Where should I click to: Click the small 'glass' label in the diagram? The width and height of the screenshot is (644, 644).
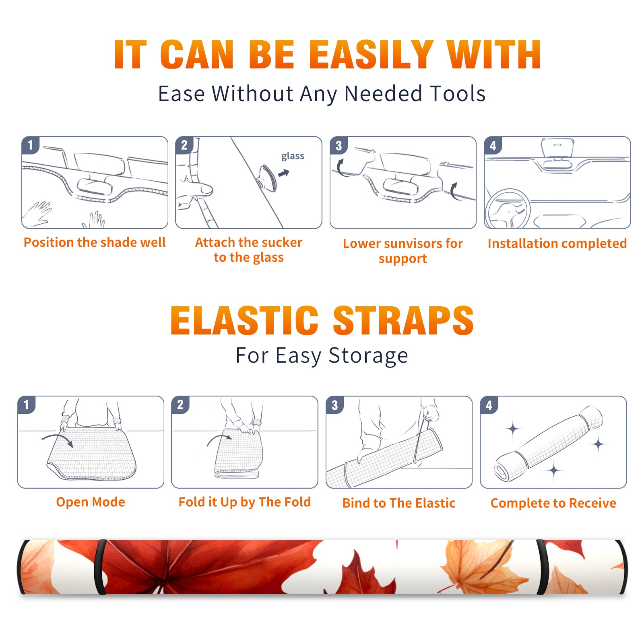point(293,156)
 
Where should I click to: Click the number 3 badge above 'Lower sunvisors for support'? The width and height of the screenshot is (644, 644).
point(339,145)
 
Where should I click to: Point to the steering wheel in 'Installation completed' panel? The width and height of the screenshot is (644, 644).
point(508,208)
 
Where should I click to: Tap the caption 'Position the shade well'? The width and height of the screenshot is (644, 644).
point(95,242)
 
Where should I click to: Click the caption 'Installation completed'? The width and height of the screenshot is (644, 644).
point(557,243)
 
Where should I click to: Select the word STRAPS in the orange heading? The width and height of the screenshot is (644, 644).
point(403,320)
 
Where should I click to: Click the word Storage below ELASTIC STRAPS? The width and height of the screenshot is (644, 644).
point(368,356)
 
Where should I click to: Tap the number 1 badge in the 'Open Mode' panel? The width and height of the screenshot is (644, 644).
point(27,405)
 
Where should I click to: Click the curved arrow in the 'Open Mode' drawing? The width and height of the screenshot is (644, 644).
point(58,439)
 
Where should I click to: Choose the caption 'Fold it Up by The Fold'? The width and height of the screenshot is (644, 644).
point(245,502)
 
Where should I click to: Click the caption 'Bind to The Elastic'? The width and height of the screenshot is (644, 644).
point(399,503)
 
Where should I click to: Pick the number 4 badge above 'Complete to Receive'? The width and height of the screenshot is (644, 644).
point(489,405)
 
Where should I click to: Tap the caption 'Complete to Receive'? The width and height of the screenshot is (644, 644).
point(553,503)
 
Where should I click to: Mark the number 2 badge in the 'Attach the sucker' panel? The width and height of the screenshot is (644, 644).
point(184,145)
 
